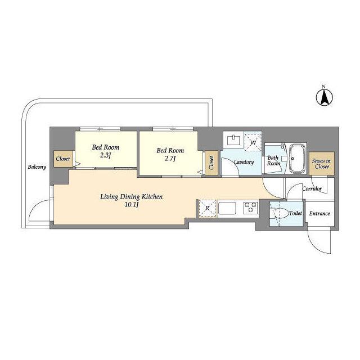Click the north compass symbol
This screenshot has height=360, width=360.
pyautogui.click(x=325, y=97)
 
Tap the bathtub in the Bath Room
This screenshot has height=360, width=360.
pyautogui.click(x=298, y=159)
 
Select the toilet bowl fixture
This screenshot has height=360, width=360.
pyautogui.click(x=281, y=214)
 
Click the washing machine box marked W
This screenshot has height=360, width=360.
pyautogui.click(x=253, y=142)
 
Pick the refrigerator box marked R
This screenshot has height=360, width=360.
pyautogui.click(x=208, y=209)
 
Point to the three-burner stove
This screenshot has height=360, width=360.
pyautogui.click(x=251, y=208)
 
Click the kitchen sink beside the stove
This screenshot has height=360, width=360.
pyautogui.click(x=227, y=208)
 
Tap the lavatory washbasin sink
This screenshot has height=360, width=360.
pyautogui.click(x=233, y=140)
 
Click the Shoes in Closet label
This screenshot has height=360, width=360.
pyautogui.click(x=321, y=164)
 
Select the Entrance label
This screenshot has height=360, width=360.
pyautogui.click(x=319, y=214)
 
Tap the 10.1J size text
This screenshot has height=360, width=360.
pyautogui.click(x=132, y=205)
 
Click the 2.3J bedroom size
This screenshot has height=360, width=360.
pyautogui.click(x=106, y=155)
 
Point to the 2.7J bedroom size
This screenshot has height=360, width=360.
pyautogui.click(x=170, y=159)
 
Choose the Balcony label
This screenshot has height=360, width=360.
pyautogui.click(x=37, y=167)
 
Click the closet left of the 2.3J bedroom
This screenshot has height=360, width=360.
pyautogui.click(x=63, y=159)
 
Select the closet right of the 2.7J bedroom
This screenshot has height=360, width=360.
pyautogui.click(x=211, y=163)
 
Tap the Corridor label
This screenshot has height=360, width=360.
pyautogui.click(x=312, y=189)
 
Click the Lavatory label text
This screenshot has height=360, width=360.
pyautogui.click(x=244, y=162)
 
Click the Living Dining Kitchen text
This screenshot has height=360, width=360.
pyautogui.click(x=132, y=197)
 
